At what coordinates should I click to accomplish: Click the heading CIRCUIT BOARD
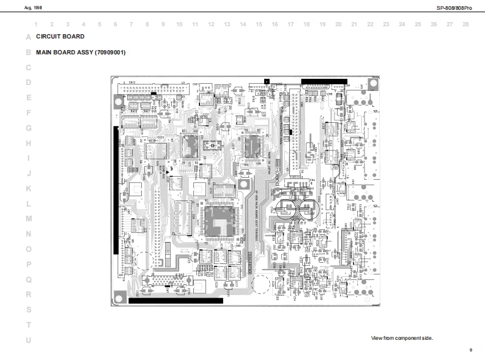(x=60, y=37)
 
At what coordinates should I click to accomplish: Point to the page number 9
(x=470, y=350)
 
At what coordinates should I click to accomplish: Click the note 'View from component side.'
(x=402, y=338)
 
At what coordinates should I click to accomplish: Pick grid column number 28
(x=465, y=24)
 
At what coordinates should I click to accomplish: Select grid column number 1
(x=36, y=24)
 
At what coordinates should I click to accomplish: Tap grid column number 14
(x=243, y=24)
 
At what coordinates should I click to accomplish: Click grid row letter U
(x=28, y=340)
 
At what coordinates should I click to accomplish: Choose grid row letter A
(x=28, y=37)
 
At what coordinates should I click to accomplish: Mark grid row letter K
(x=28, y=188)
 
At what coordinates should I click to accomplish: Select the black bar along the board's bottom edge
(x=176, y=300)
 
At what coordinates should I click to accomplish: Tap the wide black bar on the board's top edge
(x=324, y=81)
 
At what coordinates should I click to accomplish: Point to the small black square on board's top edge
(x=266, y=81)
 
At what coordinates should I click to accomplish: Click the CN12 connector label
(x=132, y=82)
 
